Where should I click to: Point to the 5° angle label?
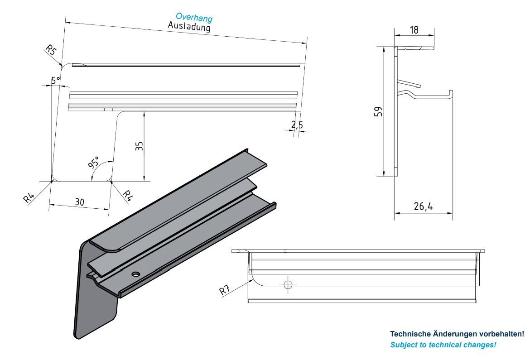click(55, 80)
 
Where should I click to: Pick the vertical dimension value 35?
click(140, 146)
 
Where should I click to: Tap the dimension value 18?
click(414, 30)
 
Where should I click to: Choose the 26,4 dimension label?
click(423, 207)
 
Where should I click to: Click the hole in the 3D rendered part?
click(135, 274)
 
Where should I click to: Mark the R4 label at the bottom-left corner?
click(29, 197)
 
